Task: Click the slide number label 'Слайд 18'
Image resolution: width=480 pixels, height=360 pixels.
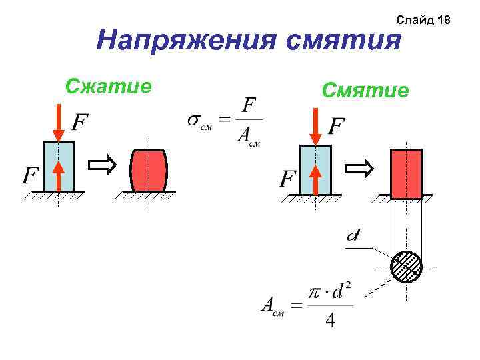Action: tap(423, 20)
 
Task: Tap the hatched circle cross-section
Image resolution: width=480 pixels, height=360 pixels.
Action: tap(406, 267)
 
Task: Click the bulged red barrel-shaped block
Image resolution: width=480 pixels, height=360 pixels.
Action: tap(148, 170)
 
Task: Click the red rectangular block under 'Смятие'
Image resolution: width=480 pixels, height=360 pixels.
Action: tap(406, 173)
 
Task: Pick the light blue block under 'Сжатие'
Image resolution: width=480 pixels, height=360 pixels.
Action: tap(58, 167)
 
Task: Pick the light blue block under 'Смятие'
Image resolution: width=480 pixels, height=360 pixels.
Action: tap(316, 170)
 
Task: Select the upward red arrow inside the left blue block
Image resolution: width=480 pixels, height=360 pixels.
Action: tap(59, 175)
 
